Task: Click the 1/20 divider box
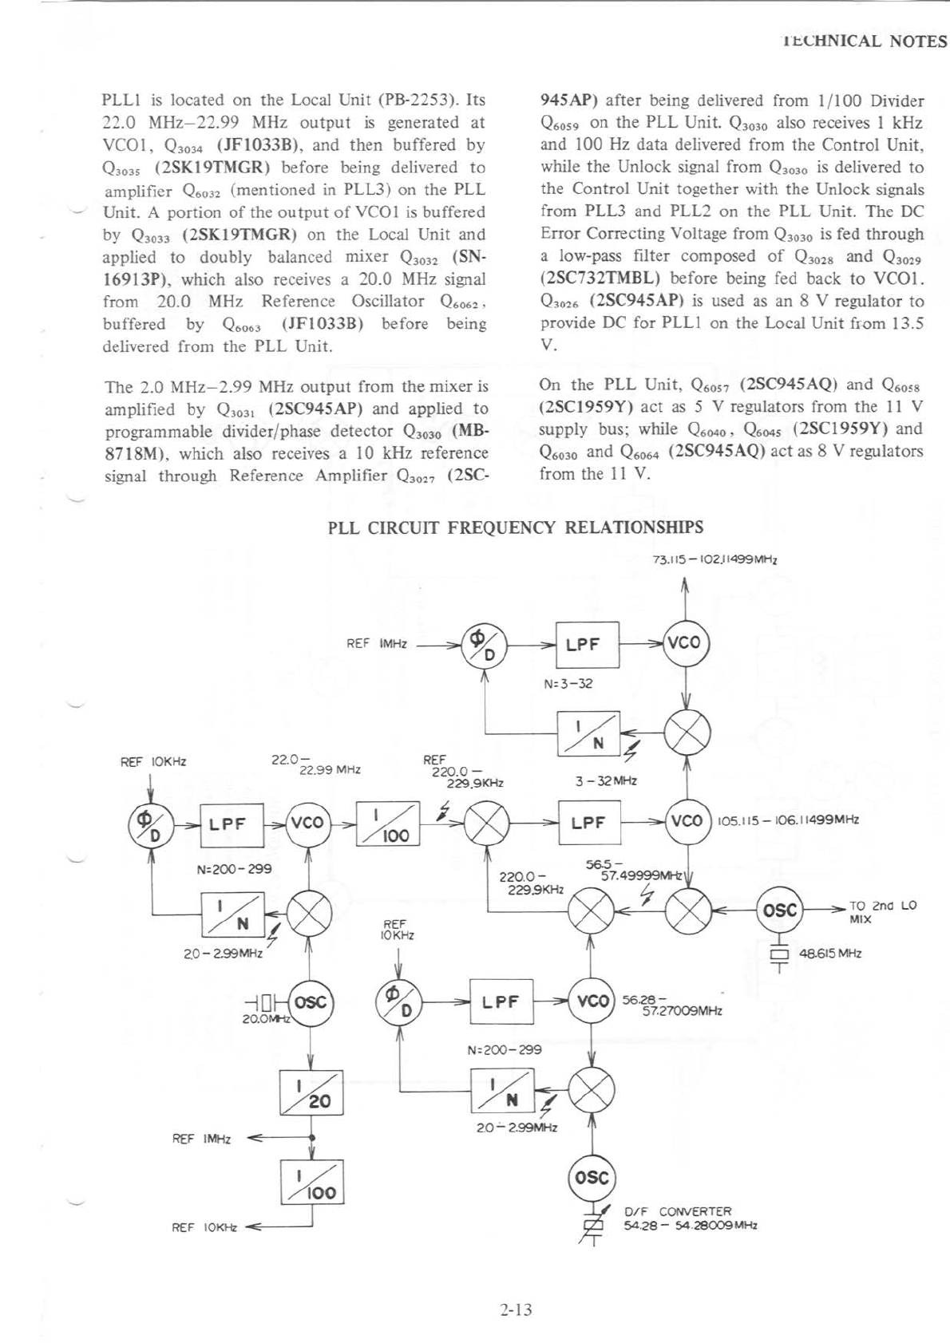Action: pos(312,1092)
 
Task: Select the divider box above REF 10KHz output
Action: pos(312,1182)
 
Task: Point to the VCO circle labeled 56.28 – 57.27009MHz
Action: pos(592,1001)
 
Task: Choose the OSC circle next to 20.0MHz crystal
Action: pos(311,1001)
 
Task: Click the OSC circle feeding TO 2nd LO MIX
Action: pos(780,910)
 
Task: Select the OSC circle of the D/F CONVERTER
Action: pos(592,1178)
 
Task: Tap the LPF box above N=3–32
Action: pos(588,644)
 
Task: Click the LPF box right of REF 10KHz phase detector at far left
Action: pos(231,824)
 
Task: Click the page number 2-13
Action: pos(517,1309)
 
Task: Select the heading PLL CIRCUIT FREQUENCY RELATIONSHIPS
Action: pos(516,527)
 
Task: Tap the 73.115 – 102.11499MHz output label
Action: pos(714,560)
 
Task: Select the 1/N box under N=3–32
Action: pos(589,733)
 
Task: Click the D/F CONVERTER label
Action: pos(677,1211)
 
